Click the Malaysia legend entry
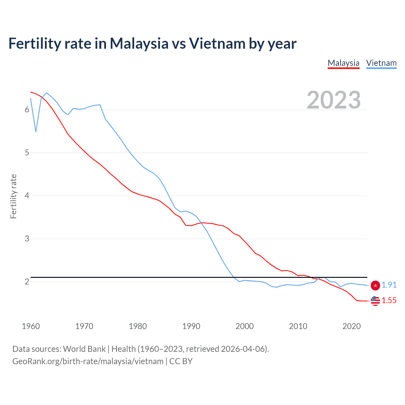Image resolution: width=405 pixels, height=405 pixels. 343,63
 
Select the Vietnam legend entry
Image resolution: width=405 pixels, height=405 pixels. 381,63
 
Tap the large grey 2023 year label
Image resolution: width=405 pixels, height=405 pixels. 333,100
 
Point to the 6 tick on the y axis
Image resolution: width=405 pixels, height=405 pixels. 27,110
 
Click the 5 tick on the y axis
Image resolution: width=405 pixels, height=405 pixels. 27,153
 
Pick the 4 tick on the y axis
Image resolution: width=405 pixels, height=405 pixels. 27,196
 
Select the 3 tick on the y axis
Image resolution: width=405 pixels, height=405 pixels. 27,239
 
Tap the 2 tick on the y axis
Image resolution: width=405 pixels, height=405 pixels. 27,282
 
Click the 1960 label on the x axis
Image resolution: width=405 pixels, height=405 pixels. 31,326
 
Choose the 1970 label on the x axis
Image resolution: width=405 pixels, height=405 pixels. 84,326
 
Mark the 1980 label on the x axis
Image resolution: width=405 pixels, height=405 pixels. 138,326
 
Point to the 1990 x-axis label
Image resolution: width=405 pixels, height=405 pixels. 191,326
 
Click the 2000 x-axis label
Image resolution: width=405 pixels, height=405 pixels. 245,326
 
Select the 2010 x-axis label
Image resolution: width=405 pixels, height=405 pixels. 298,326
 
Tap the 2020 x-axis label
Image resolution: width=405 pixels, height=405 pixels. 352,326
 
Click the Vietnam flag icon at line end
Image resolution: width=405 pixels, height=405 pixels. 375,285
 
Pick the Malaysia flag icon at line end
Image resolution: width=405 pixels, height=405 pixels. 375,301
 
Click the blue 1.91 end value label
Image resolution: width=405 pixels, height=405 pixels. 389,285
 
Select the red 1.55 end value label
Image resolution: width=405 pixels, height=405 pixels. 389,301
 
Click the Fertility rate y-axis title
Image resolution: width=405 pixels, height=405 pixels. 13,196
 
